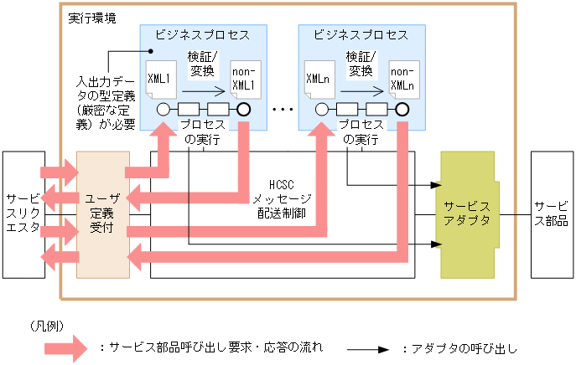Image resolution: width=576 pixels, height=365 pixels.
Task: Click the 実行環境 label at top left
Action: coord(91,18)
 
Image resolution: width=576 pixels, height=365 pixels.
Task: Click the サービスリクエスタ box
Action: coord(22,215)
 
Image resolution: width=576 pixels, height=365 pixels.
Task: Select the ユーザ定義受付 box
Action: coord(102,214)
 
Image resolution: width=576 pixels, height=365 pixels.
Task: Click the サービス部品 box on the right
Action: coord(551,214)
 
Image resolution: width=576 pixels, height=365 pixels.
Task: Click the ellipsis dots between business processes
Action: coord(283,110)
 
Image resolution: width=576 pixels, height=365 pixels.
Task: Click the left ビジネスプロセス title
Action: coord(202,35)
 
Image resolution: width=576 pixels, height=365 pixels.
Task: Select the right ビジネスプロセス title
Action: coord(361,35)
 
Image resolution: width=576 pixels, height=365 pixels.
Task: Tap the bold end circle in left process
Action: coord(243,109)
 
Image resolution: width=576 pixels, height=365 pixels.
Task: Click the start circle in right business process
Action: coord(321,109)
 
